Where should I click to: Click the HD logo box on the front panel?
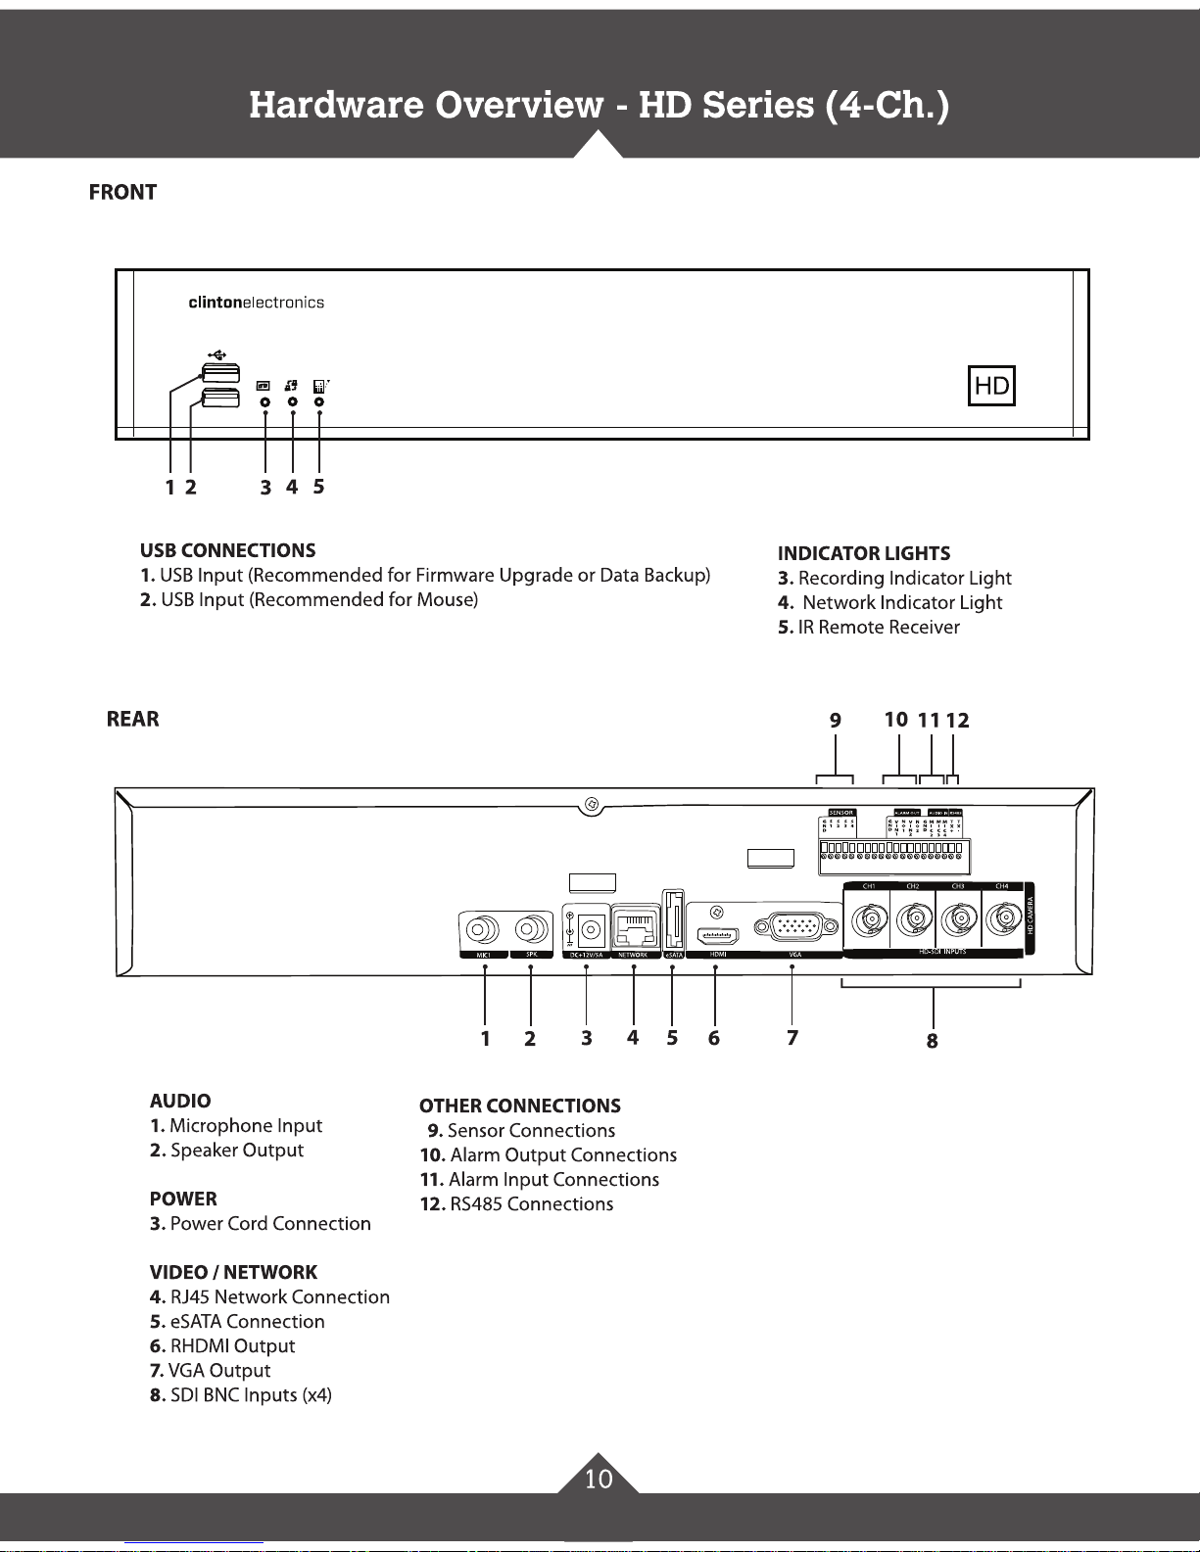(991, 386)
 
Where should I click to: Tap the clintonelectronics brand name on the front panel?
(256, 303)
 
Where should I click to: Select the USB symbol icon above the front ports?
(217, 353)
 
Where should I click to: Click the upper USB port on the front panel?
(220, 373)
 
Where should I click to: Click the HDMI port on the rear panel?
(716, 934)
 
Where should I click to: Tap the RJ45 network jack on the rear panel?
(634, 925)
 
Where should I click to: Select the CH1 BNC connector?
(868, 920)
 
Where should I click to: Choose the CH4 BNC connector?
(1002, 920)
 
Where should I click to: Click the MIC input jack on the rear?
(483, 927)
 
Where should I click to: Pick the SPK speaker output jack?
(531, 927)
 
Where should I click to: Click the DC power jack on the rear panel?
(590, 927)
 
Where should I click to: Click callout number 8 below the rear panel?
(932, 1041)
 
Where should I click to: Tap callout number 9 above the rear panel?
(835, 721)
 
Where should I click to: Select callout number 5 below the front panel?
(318, 487)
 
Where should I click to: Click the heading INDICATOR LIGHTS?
(863, 554)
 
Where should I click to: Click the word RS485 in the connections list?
(475, 1204)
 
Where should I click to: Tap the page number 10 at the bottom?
(599, 1479)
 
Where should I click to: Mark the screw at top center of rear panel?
(591, 805)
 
